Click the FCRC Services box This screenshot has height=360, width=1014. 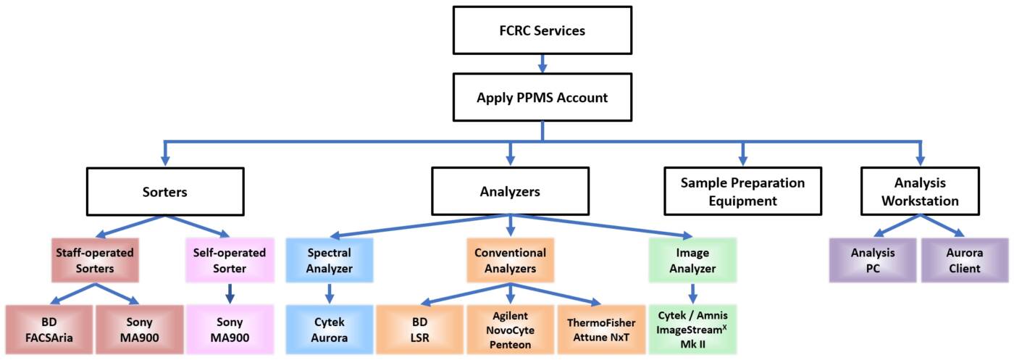[x=541, y=32]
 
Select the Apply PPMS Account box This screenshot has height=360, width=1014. [x=542, y=97]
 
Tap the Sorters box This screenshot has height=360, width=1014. [x=164, y=192]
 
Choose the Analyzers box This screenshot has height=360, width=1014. [x=510, y=192]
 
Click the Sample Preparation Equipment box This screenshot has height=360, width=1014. [x=742, y=192]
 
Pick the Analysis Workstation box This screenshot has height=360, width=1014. [x=920, y=192]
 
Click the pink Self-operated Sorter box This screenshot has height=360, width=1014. [x=229, y=261]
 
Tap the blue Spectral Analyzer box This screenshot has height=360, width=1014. [x=330, y=261]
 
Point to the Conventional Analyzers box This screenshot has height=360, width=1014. [x=510, y=261]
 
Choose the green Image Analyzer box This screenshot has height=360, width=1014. [x=692, y=261]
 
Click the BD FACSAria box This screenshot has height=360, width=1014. [x=50, y=329]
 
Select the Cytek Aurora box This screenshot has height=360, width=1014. [x=330, y=329]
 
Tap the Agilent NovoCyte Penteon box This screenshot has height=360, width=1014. [x=510, y=329]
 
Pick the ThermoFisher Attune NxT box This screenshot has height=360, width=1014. [x=600, y=329]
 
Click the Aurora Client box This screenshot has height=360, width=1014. [x=964, y=261]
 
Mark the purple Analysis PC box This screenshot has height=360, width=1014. [x=873, y=261]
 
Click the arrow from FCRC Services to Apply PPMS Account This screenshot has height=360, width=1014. [x=542, y=64]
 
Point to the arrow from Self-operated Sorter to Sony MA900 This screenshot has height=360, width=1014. [x=229, y=293]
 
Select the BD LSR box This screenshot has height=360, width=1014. [x=419, y=329]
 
